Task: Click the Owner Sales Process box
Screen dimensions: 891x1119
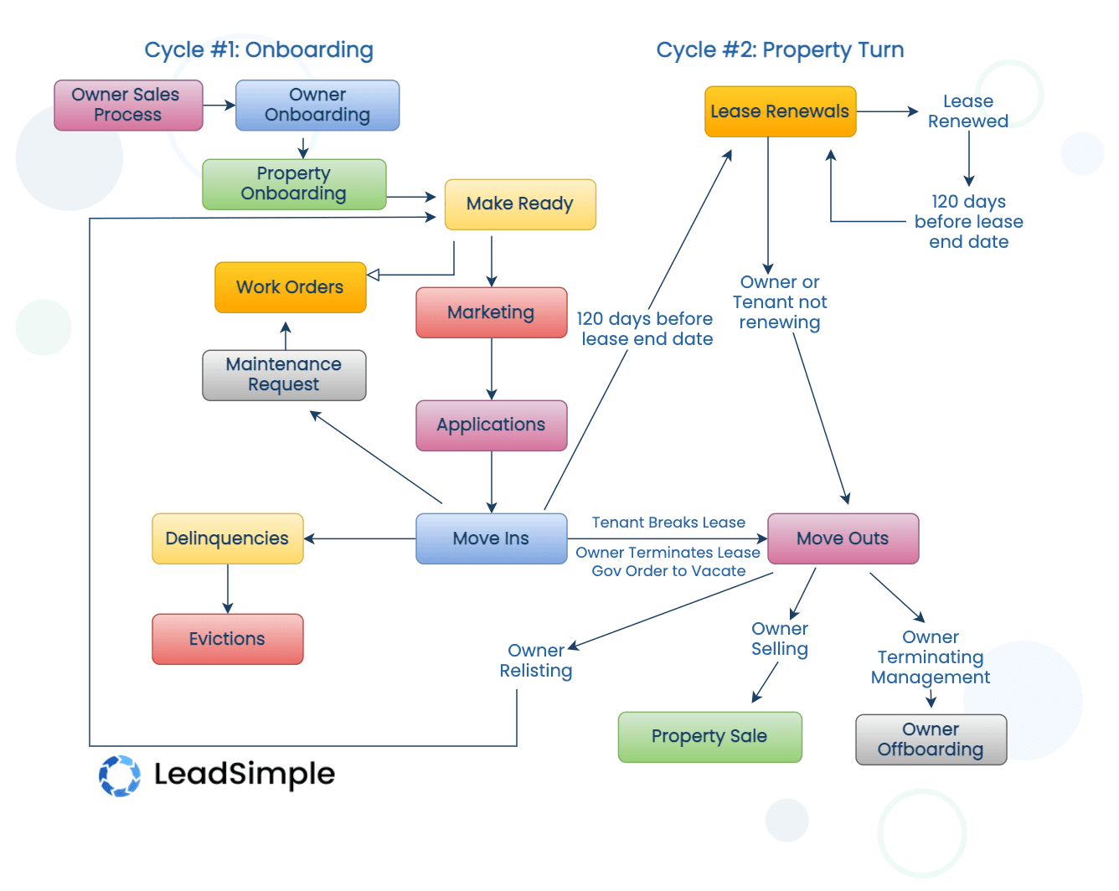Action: point(128,106)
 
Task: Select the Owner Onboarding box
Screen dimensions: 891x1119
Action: point(317,106)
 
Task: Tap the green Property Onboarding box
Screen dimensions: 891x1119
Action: point(294,184)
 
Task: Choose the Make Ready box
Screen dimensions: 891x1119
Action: point(520,204)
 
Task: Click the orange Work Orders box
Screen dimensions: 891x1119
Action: point(291,287)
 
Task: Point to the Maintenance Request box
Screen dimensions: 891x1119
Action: point(284,375)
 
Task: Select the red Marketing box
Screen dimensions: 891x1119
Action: point(492,312)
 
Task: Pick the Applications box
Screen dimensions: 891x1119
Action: point(492,425)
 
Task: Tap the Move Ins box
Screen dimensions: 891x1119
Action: point(492,538)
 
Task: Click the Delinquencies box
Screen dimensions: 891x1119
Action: point(227,538)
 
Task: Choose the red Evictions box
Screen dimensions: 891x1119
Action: point(227,639)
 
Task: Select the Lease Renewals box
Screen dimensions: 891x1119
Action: point(780,111)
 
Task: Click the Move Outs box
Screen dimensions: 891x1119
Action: point(843,538)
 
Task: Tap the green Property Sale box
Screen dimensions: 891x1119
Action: point(709,737)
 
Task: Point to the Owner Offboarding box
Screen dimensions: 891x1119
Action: point(931,739)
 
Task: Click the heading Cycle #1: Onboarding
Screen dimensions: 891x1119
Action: point(259,50)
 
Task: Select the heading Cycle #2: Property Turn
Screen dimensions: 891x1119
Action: point(780,50)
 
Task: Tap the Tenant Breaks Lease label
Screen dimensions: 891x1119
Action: point(668,523)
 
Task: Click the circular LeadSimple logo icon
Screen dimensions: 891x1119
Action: point(120,775)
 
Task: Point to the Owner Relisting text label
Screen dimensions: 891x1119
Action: point(536,661)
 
